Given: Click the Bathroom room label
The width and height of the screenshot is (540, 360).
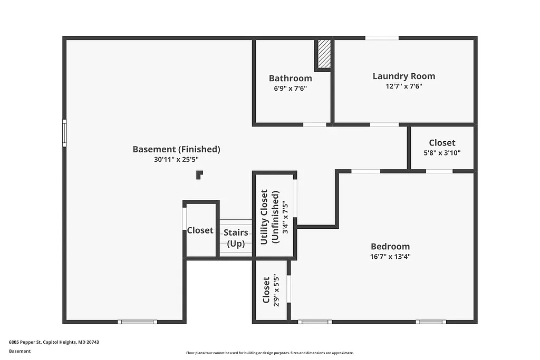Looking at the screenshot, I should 290,79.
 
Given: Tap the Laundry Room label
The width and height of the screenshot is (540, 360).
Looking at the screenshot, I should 403,76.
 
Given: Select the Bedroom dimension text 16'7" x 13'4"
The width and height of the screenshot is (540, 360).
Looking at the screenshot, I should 390,257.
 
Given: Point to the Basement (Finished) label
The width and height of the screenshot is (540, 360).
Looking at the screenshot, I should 176,149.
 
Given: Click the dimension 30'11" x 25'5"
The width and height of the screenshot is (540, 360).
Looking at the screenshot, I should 176,159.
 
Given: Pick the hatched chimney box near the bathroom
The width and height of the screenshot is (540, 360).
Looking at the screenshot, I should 324,54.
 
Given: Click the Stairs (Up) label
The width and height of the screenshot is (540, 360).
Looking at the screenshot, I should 235,238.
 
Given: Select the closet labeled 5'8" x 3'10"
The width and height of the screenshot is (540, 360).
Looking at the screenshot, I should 442,147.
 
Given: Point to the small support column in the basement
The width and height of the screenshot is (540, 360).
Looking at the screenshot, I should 199,174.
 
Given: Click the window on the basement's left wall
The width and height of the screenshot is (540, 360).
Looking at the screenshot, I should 64,133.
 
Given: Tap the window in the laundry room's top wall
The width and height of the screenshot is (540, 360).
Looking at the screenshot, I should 382,38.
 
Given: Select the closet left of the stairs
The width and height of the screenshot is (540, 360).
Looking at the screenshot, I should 200,230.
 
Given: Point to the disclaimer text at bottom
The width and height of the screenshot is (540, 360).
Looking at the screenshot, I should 269,353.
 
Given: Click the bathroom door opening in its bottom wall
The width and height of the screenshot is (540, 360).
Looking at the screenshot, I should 314,124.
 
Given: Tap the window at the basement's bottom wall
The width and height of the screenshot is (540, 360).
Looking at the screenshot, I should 137,322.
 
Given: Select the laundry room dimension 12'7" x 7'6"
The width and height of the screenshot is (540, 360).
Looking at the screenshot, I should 403,86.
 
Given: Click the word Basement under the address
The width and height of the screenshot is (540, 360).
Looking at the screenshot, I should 20,351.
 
